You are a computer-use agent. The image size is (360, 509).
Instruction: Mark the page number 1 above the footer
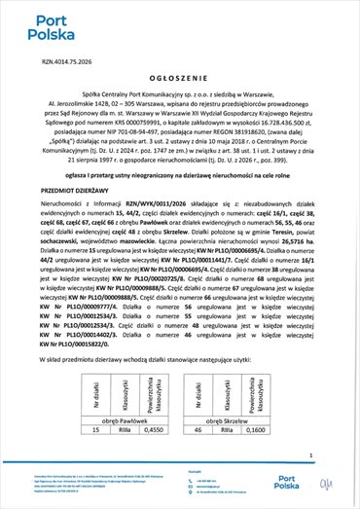(x=308, y=453)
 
